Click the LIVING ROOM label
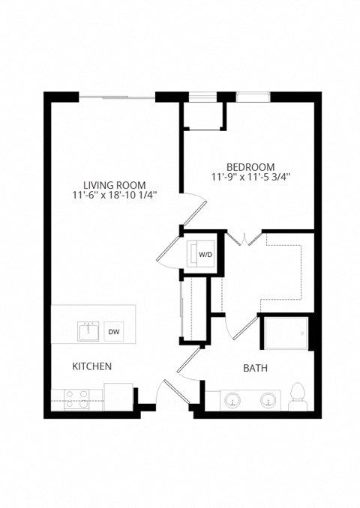click(114, 185)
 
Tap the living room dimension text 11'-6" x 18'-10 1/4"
click(114, 196)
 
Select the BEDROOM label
click(250, 166)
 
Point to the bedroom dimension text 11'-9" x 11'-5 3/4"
click(250, 177)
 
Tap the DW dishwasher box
click(114, 332)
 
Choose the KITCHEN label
click(91, 366)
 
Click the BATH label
click(256, 369)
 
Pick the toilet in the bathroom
click(298, 396)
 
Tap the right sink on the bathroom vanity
click(268, 401)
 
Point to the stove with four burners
click(76, 398)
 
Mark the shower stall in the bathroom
click(284, 333)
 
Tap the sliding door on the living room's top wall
click(118, 97)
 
